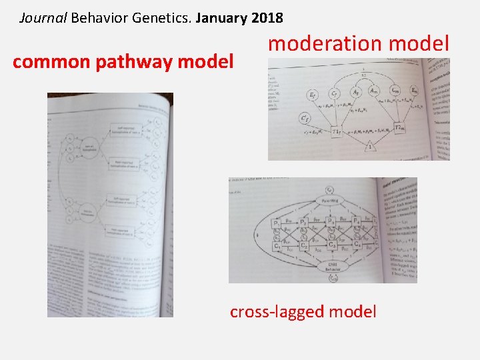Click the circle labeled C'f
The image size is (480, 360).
(x=306, y=119)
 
